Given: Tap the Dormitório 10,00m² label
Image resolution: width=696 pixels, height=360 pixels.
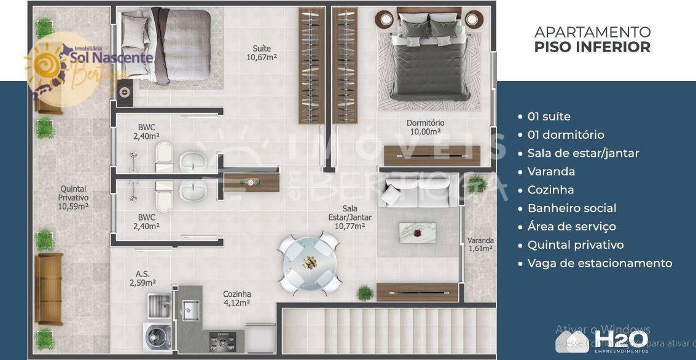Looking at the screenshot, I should [x=425, y=127].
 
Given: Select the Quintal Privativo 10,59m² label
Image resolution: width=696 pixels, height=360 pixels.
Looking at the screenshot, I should [x=73, y=198].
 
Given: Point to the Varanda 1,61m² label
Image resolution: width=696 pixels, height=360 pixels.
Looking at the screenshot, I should [x=480, y=245].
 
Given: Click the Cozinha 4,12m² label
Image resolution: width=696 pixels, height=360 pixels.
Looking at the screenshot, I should [x=237, y=298].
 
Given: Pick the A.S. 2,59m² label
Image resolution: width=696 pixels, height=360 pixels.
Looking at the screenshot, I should [x=142, y=279].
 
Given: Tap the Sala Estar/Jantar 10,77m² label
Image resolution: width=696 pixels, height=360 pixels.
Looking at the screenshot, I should [x=350, y=217].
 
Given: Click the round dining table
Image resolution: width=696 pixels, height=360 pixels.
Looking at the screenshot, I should [x=310, y=262].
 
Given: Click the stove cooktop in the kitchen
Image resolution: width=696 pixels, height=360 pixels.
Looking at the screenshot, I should [x=219, y=340].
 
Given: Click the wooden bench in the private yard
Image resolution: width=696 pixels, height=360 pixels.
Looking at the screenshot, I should [x=48, y=288].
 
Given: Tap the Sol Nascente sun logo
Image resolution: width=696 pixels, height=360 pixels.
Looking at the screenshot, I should [x=51, y=68].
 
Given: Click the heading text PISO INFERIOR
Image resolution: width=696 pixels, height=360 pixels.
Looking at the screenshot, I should [x=592, y=47].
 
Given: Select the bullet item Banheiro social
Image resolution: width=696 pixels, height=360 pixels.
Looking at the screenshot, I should [x=571, y=208].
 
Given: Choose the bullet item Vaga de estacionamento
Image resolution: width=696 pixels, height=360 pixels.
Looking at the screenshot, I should [x=599, y=263].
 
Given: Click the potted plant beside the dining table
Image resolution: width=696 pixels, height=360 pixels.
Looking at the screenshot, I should [x=365, y=292].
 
